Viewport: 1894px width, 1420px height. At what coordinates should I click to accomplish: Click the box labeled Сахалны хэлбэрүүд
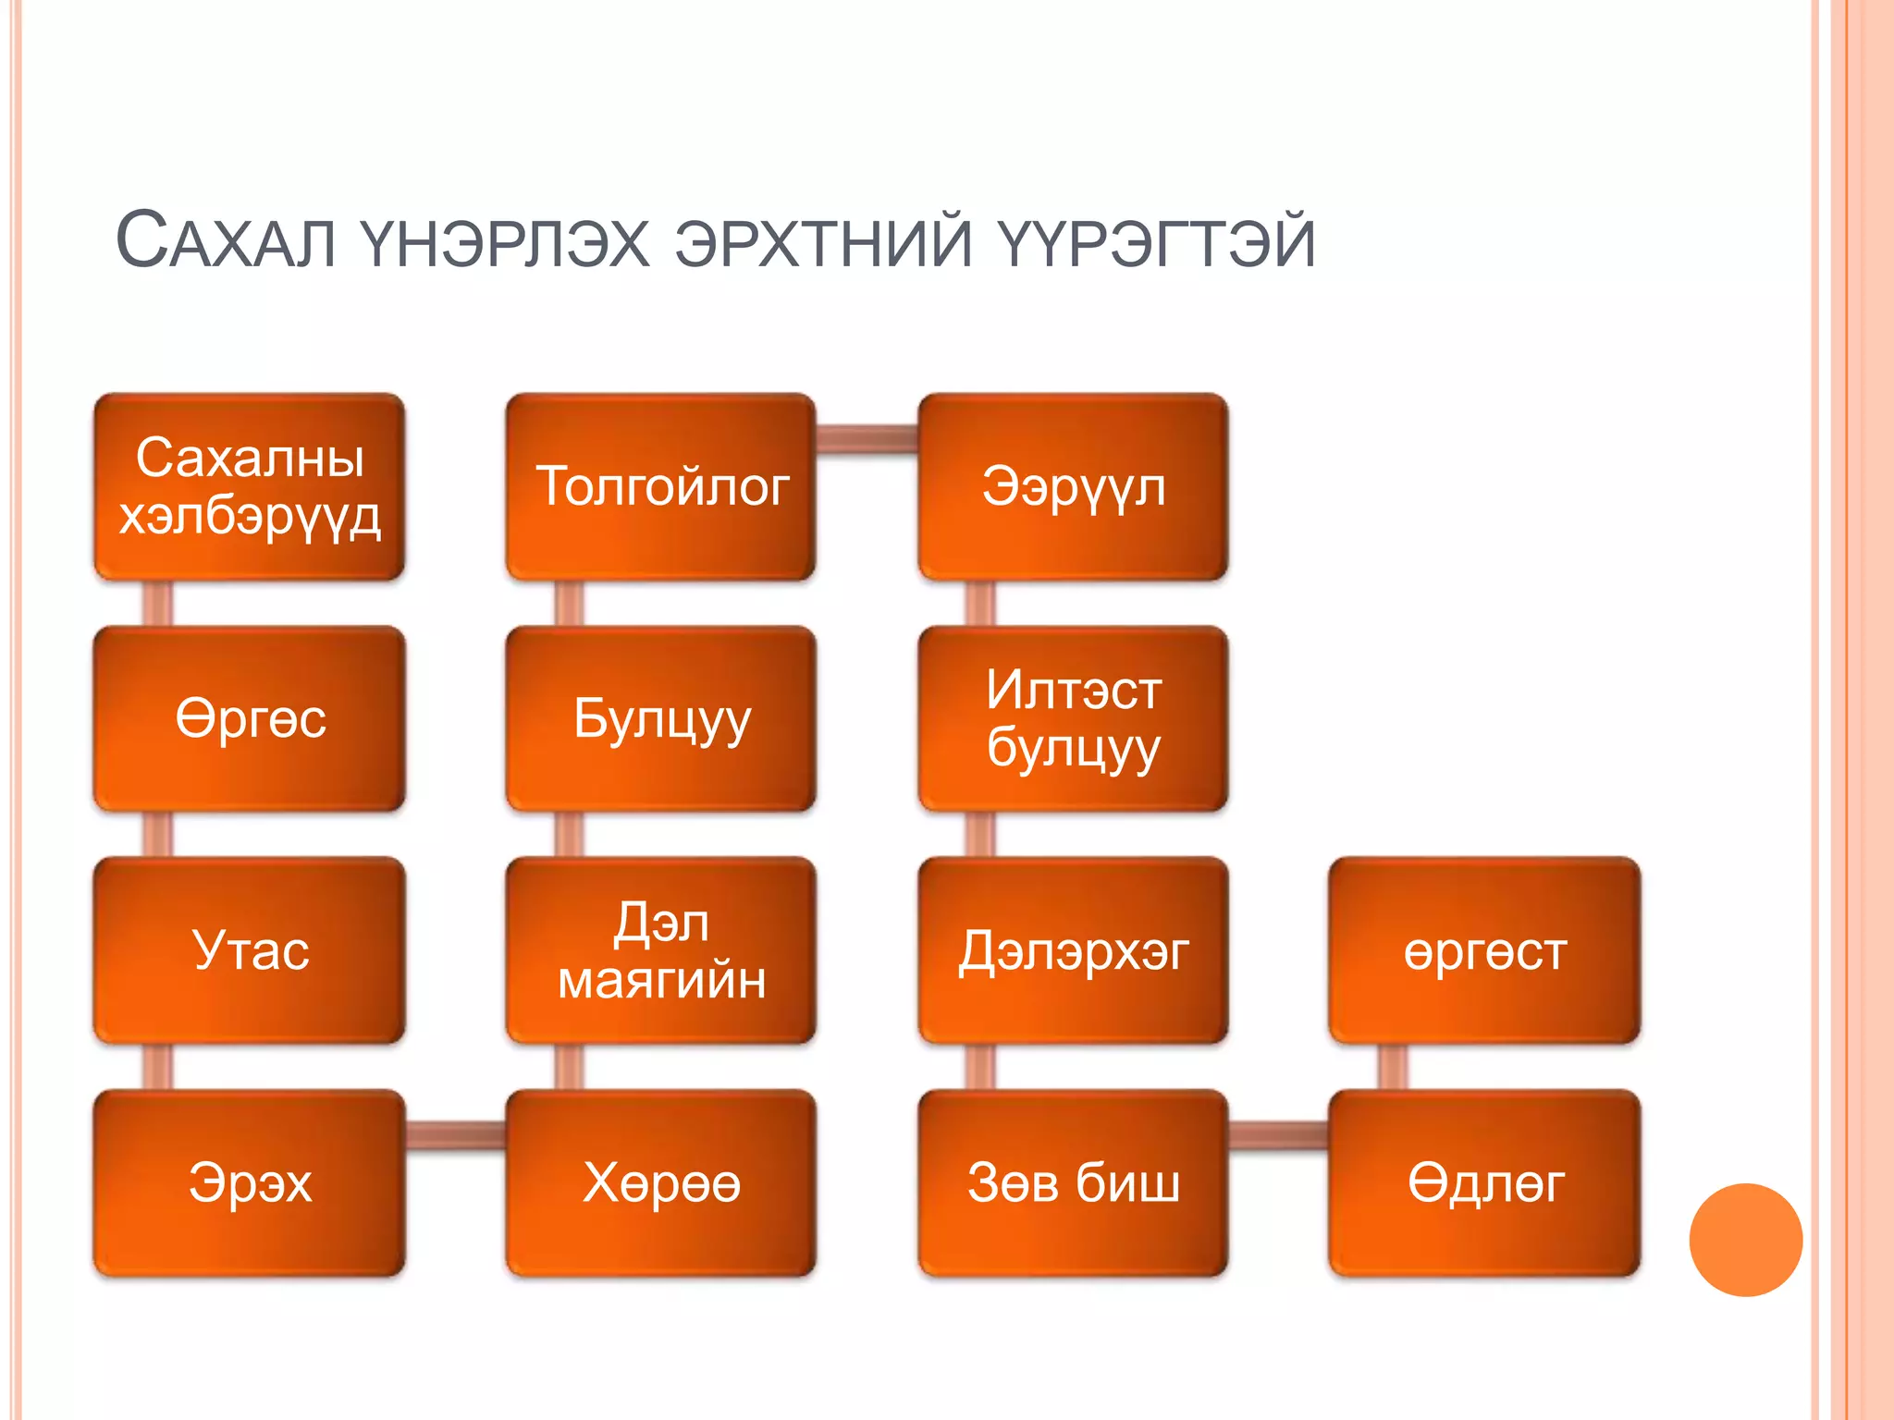[x=250, y=487]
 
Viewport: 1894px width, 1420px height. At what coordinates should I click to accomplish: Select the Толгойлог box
[x=661, y=487]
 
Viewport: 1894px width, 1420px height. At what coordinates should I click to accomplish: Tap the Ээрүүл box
[x=1073, y=487]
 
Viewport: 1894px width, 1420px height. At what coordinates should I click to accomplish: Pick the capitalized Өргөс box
[x=250, y=719]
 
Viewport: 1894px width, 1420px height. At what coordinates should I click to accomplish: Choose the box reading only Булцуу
[x=661, y=719]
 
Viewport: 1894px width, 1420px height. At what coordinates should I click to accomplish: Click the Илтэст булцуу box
[x=1073, y=719]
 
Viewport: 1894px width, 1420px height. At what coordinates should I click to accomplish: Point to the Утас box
[x=250, y=950]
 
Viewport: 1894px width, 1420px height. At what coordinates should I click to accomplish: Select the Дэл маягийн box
[x=661, y=950]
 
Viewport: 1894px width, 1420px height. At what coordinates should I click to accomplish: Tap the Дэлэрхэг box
[x=1073, y=950]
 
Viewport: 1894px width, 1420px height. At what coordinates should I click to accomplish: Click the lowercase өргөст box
[x=1484, y=950]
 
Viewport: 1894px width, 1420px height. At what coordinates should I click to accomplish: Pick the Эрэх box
[x=250, y=1183]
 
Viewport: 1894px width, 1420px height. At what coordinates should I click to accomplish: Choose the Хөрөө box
[x=661, y=1183]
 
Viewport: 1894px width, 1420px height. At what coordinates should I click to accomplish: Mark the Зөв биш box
[x=1073, y=1183]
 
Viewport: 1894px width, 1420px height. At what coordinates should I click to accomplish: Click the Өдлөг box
[x=1484, y=1183]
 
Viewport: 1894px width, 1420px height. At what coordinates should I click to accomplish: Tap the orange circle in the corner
[x=1745, y=1240]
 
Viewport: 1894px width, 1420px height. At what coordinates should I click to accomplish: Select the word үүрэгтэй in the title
[x=1155, y=242]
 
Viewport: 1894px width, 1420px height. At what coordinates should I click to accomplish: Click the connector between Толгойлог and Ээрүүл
[x=867, y=439]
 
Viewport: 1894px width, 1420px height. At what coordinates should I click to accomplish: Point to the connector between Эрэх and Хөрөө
[x=456, y=1134]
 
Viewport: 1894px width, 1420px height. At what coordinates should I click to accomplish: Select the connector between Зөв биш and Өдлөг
[x=1279, y=1134]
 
